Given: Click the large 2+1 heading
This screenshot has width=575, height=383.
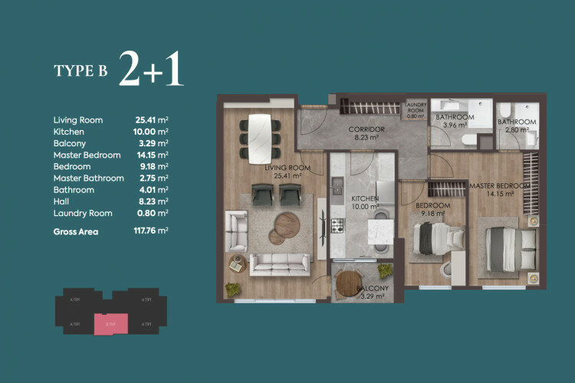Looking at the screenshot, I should [151, 69].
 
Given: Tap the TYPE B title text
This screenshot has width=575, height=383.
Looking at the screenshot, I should [80, 71].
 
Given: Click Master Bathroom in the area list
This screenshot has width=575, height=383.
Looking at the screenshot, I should [88, 178].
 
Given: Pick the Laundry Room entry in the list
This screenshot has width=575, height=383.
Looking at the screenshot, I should [83, 213].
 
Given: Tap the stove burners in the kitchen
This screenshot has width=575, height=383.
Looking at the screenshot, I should [337, 225].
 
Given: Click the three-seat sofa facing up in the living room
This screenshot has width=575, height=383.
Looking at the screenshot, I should [279, 264].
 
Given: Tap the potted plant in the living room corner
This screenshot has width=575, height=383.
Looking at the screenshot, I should [232, 290].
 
